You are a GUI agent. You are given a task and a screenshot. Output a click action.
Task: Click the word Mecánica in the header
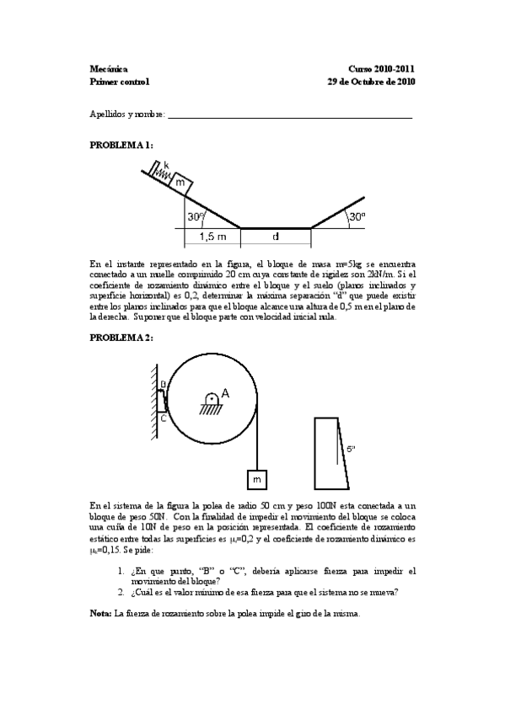(x=109, y=69)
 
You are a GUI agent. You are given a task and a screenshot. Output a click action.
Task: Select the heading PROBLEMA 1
(x=121, y=145)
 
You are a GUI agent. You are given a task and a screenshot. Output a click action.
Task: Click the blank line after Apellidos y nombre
(x=290, y=116)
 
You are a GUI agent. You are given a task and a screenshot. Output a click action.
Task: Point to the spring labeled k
(x=160, y=172)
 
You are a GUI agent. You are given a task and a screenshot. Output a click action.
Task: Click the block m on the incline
(x=181, y=182)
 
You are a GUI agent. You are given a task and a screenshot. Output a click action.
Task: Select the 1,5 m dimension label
(x=212, y=237)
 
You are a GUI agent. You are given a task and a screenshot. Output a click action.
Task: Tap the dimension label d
(x=276, y=237)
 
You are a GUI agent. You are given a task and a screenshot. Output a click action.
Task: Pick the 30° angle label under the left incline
(x=196, y=216)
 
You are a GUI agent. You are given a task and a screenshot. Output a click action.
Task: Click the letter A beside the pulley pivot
(x=225, y=393)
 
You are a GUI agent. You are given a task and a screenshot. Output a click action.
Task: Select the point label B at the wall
(x=162, y=385)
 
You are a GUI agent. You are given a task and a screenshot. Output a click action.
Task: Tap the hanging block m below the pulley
(x=256, y=478)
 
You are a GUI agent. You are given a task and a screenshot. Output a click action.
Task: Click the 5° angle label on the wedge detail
(x=351, y=450)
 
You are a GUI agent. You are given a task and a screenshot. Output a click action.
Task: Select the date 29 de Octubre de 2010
(x=370, y=82)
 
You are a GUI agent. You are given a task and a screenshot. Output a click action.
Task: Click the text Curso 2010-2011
(x=381, y=69)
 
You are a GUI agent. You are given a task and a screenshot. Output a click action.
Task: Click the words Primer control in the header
(x=119, y=82)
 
